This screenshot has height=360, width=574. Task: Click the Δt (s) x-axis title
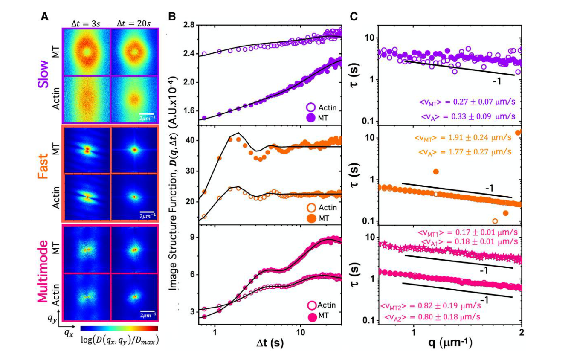tap(270, 342)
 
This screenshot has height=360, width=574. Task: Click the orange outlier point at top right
tap(518, 133)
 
